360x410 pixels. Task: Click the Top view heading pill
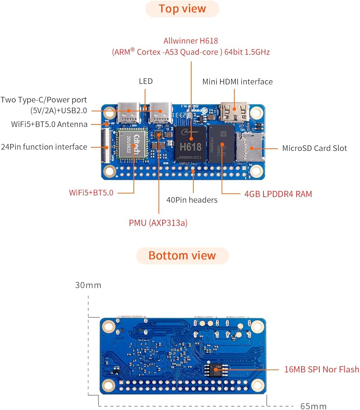tap(182, 9)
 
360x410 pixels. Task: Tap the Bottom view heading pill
tap(182, 255)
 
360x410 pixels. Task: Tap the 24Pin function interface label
tap(44, 147)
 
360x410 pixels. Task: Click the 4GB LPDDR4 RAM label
tap(278, 194)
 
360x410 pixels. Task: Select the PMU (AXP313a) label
tap(158, 223)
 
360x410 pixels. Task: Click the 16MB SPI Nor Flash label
tap(321, 369)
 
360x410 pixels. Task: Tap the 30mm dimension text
tap(88, 285)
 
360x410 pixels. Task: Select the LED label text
tap(146, 81)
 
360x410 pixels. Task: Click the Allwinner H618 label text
tap(190, 41)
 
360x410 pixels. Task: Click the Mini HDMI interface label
tap(237, 82)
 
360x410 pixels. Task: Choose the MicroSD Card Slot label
tap(314, 148)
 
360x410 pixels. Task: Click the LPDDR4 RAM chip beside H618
tap(222, 144)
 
